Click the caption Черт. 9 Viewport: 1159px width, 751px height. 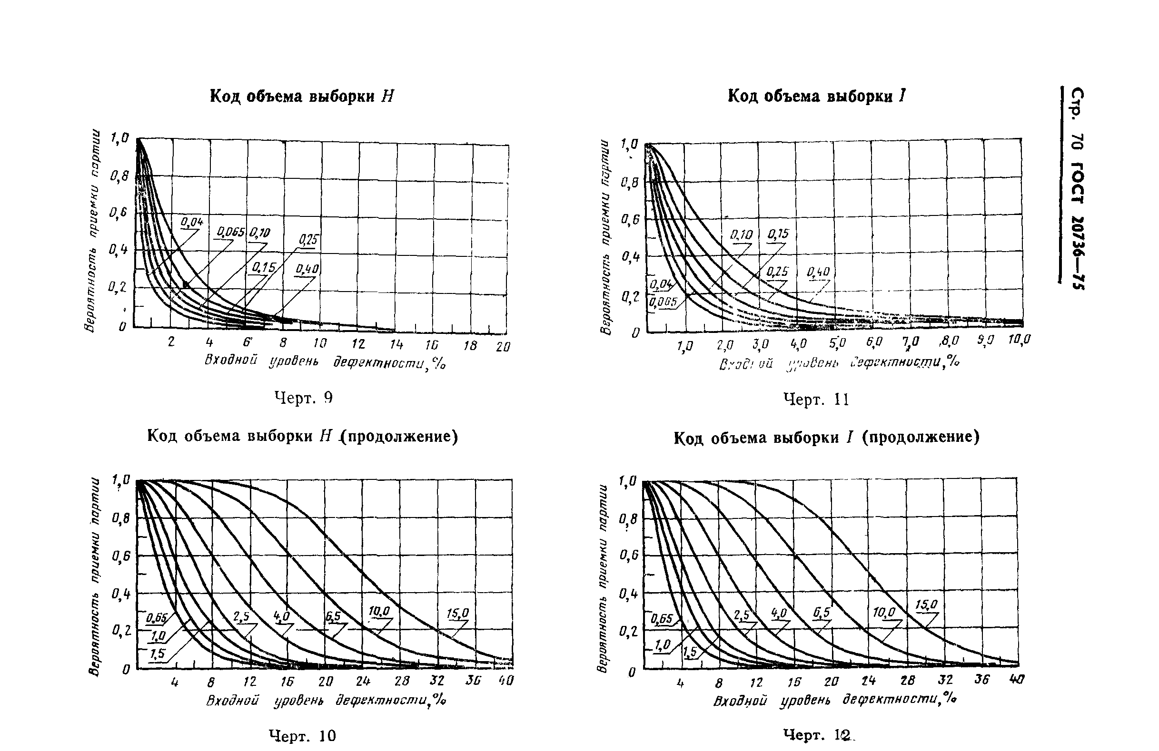[303, 398]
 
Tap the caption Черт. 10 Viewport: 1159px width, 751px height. [302, 735]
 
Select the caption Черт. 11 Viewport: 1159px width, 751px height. [816, 400]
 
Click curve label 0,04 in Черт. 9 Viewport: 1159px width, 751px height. [192, 223]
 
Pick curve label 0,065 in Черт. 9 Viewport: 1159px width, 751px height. [230, 232]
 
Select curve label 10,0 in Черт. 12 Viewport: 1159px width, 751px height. [884, 612]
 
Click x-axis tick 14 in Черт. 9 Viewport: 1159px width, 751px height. [397, 344]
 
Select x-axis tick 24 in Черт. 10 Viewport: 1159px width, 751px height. [363, 681]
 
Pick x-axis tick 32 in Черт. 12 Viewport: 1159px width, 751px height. [945, 680]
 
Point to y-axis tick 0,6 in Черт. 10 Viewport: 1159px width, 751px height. [121, 556]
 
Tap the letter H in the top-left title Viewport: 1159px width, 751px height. [387, 97]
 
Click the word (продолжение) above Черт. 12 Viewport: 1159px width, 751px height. [921, 438]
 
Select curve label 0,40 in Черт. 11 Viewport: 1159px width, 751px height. [818, 272]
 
